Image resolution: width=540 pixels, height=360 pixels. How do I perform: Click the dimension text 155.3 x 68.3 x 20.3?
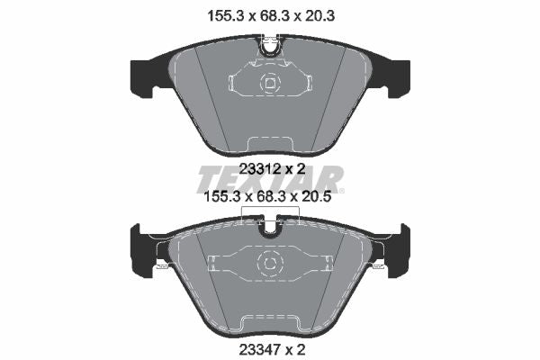tap(271, 16)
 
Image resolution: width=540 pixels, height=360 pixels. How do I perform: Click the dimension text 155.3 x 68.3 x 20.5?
tap(268, 197)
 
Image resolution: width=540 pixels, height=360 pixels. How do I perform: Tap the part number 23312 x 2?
tap(272, 169)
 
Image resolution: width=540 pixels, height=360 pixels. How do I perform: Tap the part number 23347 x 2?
tap(272, 350)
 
